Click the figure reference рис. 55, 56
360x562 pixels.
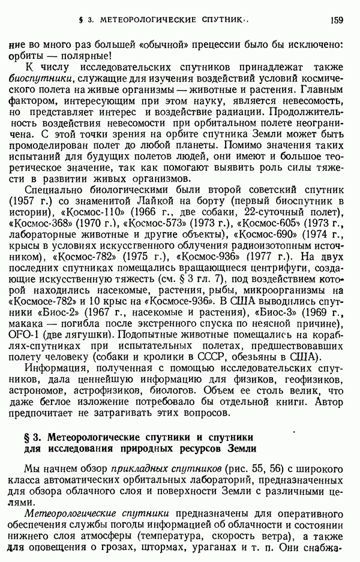(262, 468)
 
